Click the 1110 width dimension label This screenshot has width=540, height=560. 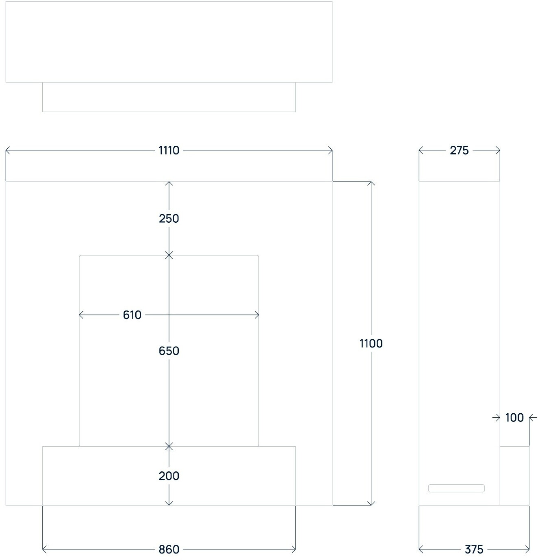coord(169,150)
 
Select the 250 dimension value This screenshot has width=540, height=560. coord(169,219)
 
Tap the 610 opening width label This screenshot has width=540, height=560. coord(132,315)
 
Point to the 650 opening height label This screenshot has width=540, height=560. coord(169,351)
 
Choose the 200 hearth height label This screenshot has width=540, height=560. coord(169,476)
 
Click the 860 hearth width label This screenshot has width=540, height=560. coord(169,549)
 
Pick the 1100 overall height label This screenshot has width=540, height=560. coord(371,344)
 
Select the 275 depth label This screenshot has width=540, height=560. coord(459,150)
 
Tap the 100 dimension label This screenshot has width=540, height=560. coord(514,418)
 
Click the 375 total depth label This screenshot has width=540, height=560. coord(474,549)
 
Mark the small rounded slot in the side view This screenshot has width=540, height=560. coord(456,488)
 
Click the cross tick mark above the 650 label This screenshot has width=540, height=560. coord(169,255)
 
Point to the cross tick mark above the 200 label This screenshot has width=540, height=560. coord(169,446)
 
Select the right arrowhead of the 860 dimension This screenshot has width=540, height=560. coord(294,549)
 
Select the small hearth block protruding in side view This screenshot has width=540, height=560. coord(514,475)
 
